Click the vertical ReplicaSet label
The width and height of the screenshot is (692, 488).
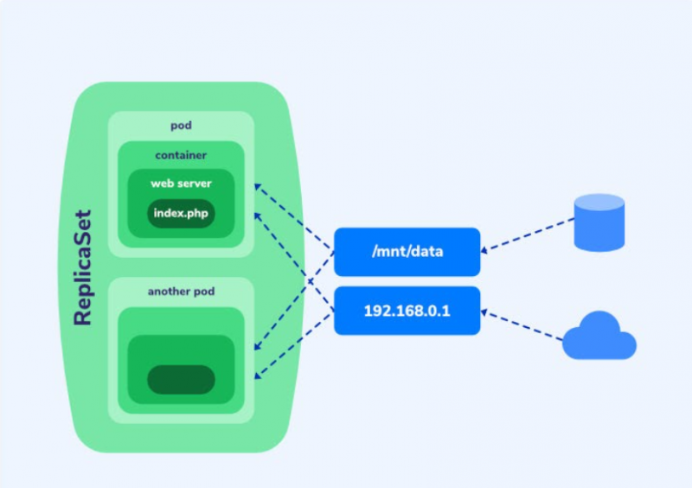[x=83, y=267]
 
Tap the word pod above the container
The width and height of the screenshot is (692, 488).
[x=181, y=125]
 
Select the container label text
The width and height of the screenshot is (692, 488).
[x=181, y=155]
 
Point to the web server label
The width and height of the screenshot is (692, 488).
[x=181, y=183]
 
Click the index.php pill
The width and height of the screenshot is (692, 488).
[x=181, y=212]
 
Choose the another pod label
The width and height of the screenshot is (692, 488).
[x=181, y=292]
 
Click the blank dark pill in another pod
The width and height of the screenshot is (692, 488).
[x=181, y=379]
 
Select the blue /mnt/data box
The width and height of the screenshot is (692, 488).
[x=407, y=252]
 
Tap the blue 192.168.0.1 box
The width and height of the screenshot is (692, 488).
[x=407, y=310]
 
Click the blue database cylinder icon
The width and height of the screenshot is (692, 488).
[x=599, y=223]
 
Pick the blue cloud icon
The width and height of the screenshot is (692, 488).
[x=599, y=338]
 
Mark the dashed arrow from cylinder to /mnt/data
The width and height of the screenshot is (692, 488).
[x=528, y=234]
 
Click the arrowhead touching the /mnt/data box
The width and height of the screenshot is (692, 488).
[x=485, y=250]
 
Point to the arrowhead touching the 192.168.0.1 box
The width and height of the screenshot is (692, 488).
[x=485, y=311]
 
